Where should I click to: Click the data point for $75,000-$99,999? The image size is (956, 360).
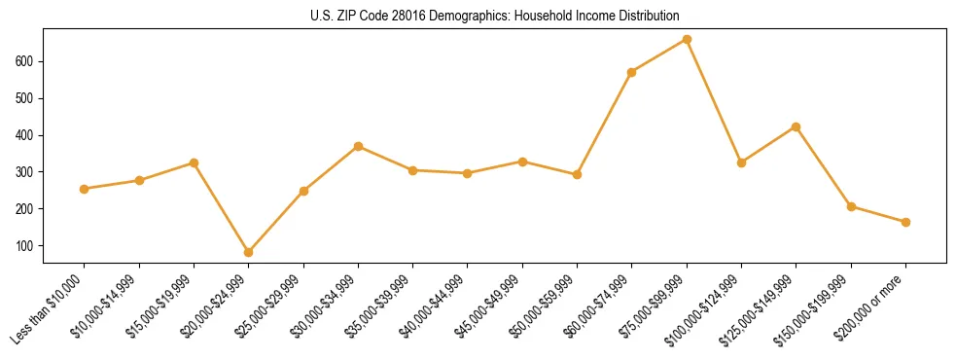pos(687,40)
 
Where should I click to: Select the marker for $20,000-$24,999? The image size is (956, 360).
pos(249,252)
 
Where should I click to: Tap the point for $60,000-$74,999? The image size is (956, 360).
pos(632,72)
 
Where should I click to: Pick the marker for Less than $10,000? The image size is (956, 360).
pos(85,189)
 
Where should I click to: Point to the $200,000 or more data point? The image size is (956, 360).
pos(905,222)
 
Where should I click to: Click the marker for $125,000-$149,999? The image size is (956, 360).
pos(797,127)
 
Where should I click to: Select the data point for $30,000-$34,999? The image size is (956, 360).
pos(359,146)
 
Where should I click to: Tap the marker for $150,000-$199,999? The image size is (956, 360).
pos(851,206)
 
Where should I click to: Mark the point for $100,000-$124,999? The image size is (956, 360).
pos(741,162)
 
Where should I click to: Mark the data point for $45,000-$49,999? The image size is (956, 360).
pos(522,162)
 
